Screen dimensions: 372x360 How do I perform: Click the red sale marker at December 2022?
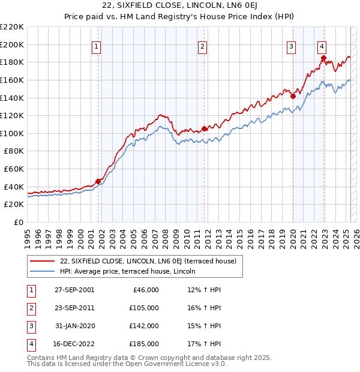click(323, 58)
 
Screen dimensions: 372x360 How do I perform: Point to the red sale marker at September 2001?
click(98, 181)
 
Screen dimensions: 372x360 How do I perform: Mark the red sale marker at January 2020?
click(293, 96)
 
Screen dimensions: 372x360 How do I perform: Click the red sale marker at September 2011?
click(204, 128)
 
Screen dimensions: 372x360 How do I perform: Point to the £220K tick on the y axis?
click(12, 27)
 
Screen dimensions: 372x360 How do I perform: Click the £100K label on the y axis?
click(12, 133)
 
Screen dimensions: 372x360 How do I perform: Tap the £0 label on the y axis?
click(17, 222)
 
